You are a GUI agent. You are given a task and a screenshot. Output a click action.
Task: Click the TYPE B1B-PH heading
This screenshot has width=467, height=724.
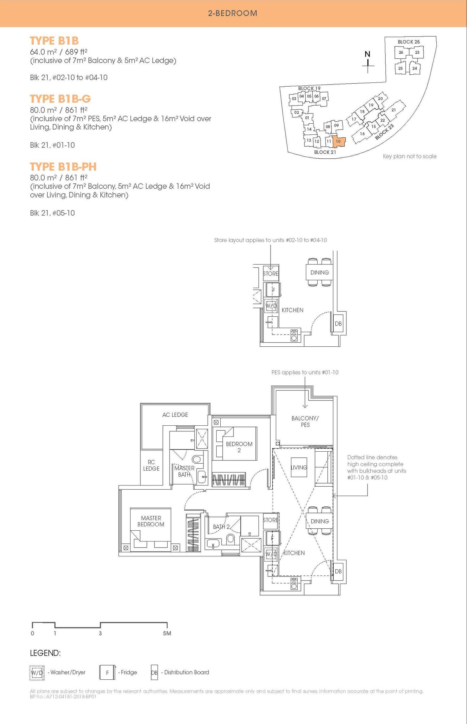point(63,166)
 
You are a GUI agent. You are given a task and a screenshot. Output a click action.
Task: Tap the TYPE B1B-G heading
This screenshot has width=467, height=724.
point(60,99)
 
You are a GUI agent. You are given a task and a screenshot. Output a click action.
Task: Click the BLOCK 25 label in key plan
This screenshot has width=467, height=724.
point(408,42)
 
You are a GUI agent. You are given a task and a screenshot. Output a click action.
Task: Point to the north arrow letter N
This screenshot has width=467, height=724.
point(367,54)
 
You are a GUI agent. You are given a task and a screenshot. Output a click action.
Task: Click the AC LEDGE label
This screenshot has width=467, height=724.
point(175,415)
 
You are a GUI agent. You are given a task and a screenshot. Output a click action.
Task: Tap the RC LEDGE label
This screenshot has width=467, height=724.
point(151,465)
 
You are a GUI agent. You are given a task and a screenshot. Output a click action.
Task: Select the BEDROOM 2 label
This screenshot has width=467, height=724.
point(239,447)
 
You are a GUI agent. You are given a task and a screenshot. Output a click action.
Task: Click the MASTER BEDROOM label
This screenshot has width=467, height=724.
point(151,521)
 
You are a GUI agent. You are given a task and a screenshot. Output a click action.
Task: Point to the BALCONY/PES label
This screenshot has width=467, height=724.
point(305,421)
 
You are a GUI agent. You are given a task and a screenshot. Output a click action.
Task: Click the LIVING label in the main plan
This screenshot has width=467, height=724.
point(299,467)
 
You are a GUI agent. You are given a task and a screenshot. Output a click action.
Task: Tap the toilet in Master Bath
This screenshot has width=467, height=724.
point(196,459)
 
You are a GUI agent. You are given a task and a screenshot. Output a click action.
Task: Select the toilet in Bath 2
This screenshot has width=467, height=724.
point(231,538)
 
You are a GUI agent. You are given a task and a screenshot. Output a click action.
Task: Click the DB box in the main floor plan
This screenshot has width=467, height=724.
point(338,571)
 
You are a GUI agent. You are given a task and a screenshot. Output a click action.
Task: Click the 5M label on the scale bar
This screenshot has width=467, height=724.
point(167,633)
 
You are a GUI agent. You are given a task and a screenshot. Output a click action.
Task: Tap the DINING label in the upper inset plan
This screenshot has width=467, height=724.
point(319,272)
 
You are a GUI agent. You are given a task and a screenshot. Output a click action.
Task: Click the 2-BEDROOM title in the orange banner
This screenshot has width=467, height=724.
point(233,13)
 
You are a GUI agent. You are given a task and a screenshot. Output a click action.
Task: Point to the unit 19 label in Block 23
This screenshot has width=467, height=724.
point(371,105)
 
